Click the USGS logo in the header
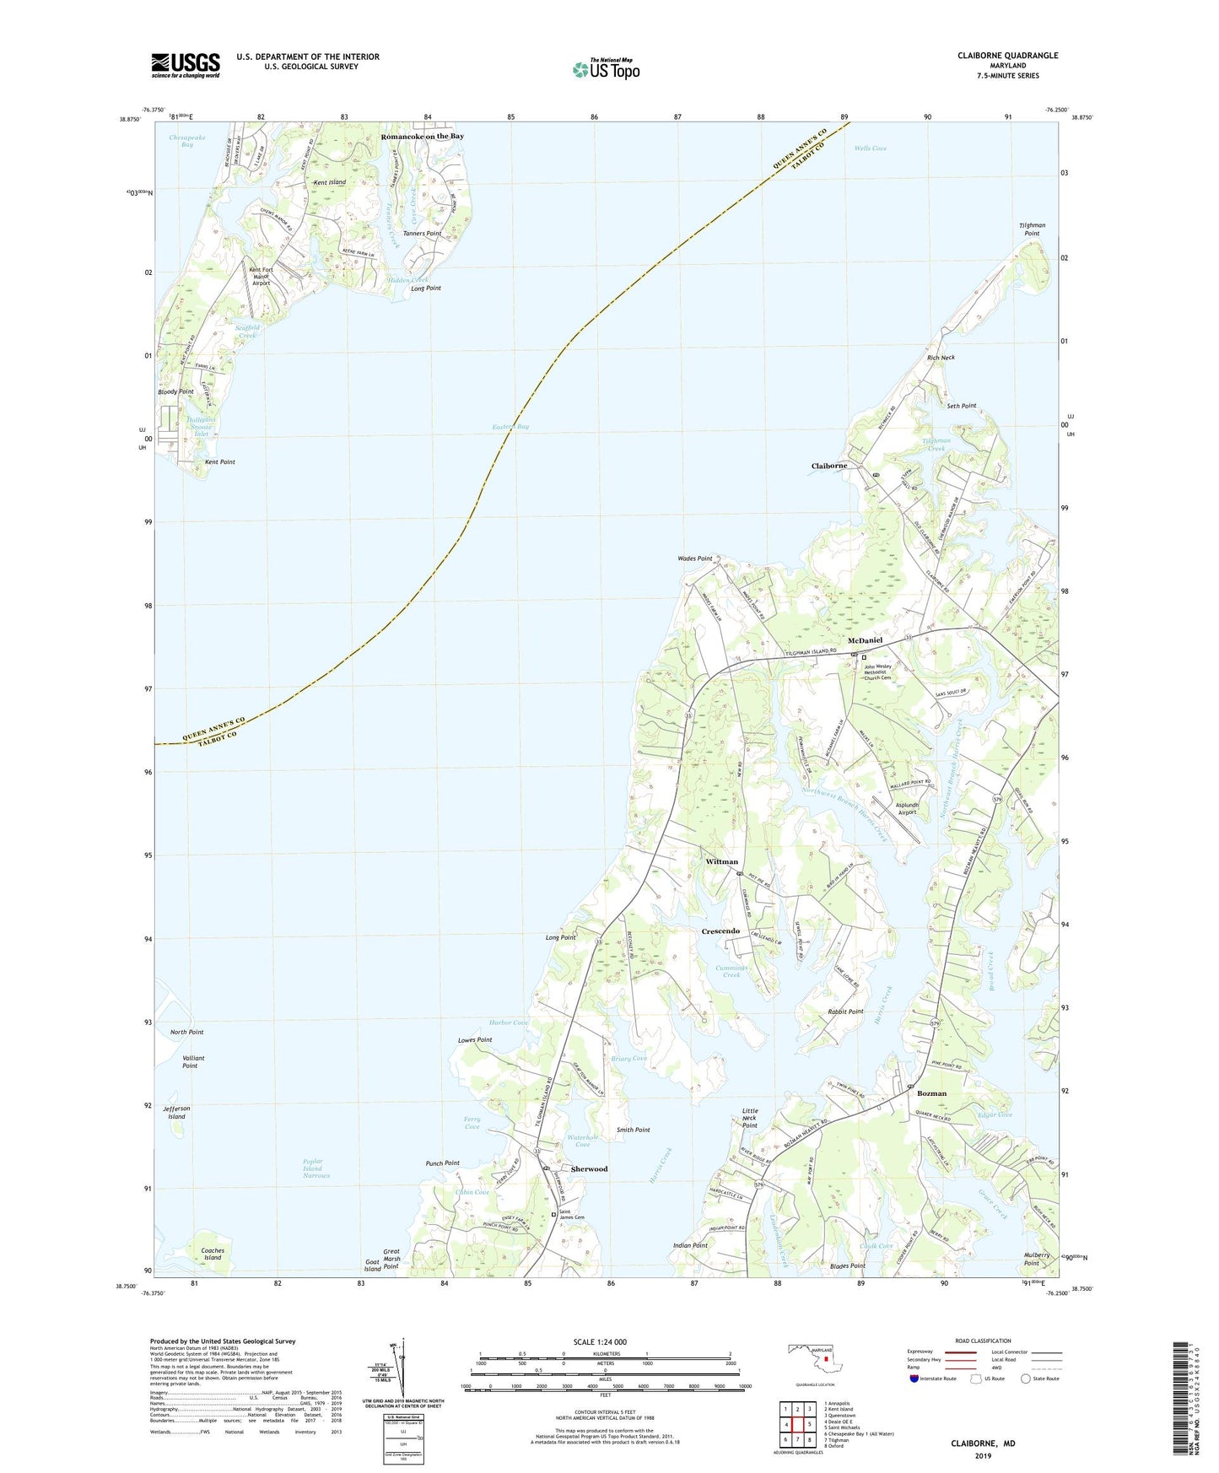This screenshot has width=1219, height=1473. (x=186, y=65)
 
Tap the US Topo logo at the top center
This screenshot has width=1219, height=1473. (x=605, y=69)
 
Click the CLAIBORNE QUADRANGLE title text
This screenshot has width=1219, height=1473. (x=1007, y=56)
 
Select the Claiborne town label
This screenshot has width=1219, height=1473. (x=829, y=466)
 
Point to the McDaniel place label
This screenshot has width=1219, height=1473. (x=859, y=640)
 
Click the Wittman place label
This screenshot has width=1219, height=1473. (x=721, y=861)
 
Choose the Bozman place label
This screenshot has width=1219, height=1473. (x=931, y=1093)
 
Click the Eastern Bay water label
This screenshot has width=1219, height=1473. (x=510, y=427)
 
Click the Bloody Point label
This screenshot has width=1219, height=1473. (x=175, y=391)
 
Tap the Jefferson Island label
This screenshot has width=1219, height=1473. (x=176, y=1112)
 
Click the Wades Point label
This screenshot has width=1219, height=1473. (x=694, y=558)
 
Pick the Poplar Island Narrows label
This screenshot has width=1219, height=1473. (x=316, y=1168)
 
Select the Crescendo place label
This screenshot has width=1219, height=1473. (x=720, y=931)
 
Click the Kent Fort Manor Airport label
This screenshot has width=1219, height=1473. (x=262, y=276)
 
